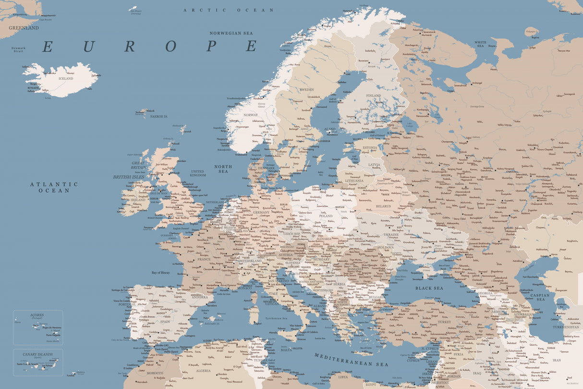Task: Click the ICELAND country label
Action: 65,78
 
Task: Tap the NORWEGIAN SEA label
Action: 231,33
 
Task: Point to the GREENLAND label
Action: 24,28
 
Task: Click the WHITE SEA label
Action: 480,44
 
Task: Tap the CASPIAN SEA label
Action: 541,297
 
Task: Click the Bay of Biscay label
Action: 161,273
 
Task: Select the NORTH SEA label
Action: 223,169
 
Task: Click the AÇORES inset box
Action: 38,327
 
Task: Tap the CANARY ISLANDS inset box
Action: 38,362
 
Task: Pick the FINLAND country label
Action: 374,96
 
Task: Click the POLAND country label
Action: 326,216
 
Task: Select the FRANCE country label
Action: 204,259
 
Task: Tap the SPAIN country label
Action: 165,322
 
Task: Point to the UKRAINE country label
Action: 391,234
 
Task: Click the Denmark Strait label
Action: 19,49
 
